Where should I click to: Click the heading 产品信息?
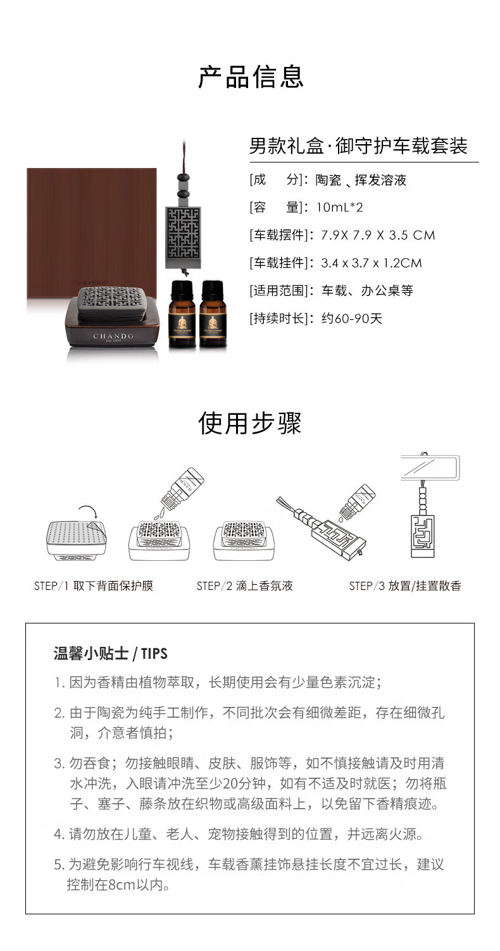251,77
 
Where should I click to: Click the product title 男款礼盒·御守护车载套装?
358,146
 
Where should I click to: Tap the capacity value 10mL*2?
339,207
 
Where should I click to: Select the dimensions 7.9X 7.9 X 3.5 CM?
378,235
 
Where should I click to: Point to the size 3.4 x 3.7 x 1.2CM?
372,263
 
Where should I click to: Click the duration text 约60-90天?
352,319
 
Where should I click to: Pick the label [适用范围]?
279,291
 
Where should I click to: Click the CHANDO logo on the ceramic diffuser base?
113,336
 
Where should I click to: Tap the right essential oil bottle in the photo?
213,315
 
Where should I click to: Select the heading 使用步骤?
250,423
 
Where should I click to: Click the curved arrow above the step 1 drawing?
88,510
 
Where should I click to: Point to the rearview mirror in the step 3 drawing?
430,467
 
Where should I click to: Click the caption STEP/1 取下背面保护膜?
94,586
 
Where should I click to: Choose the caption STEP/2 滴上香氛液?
245,586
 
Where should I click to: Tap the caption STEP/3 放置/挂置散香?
405,586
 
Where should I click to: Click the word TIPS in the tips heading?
154,653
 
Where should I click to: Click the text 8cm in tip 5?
122,885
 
